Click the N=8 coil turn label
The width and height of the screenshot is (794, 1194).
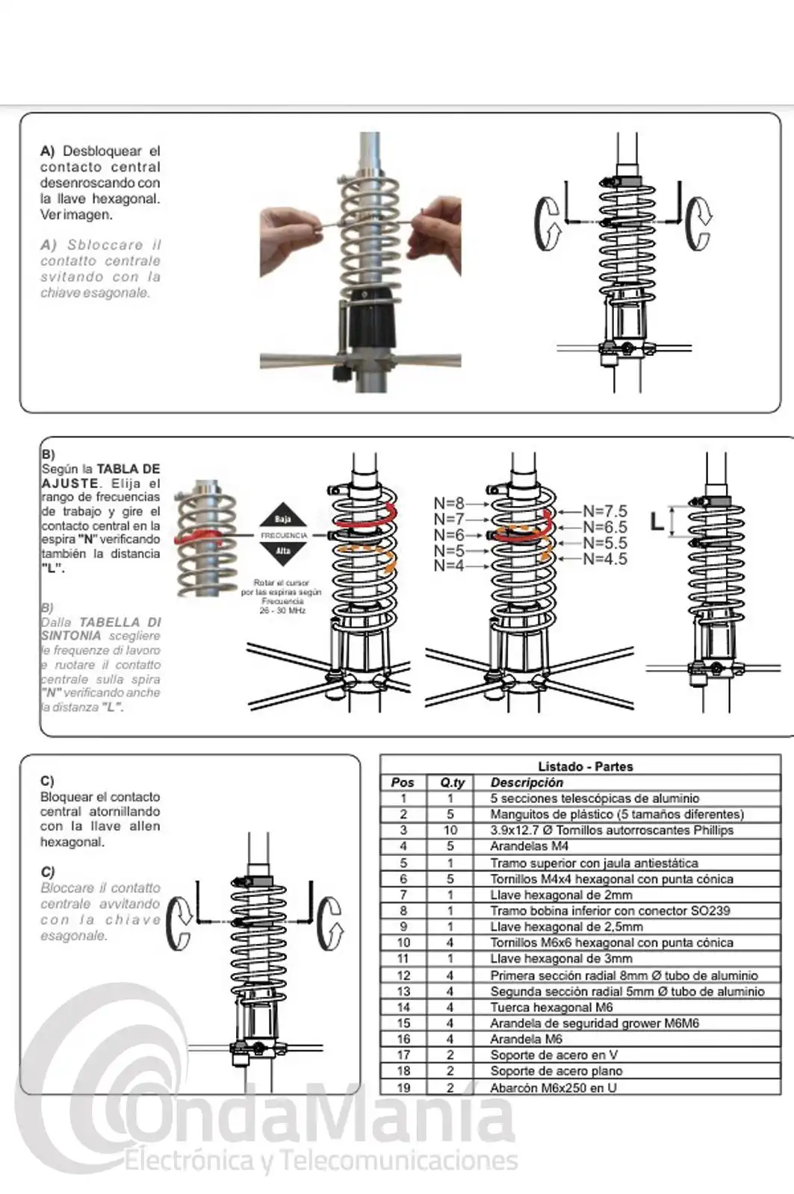tap(449, 504)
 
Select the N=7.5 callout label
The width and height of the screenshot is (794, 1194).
tap(605, 512)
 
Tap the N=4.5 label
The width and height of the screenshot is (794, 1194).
tap(605, 559)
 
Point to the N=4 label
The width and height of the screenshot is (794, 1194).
tap(449, 566)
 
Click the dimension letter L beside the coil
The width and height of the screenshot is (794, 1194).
tap(657, 522)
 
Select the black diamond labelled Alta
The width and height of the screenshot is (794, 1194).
tap(282, 551)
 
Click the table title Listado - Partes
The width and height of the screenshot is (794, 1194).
tap(585, 766)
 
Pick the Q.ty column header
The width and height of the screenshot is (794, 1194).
tap(452, 783)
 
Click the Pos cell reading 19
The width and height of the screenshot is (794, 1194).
tap(403, 1087)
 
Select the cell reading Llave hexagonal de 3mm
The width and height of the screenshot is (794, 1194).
tap(561, 959)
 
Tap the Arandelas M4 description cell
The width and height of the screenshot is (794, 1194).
tap(529, 846)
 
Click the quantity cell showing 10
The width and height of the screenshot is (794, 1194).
tap(450, 831)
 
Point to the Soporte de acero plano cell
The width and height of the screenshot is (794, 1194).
tap(556, 1071)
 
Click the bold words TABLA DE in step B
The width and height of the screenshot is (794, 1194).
tap(128, 469)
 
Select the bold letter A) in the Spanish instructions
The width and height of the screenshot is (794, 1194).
tap(48, 151)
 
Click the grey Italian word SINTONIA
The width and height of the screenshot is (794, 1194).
tap(71, 636)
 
